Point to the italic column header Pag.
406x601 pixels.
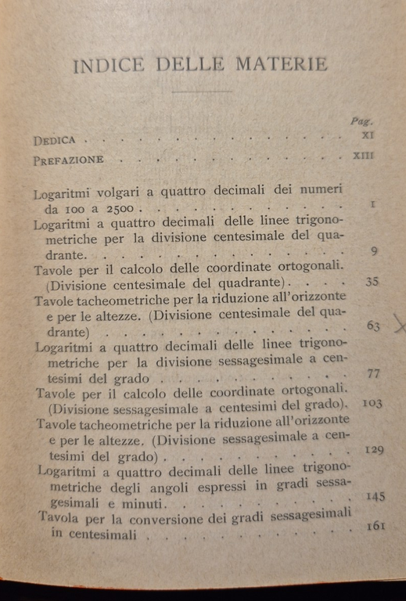pyautogui.click(x=362, y=122)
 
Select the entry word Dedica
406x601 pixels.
pyautogui.click(x=56, y=141)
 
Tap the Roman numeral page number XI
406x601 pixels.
pyautogui.click(x=368, y=136)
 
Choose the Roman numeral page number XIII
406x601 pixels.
pyautogui.click(x=364, y=157)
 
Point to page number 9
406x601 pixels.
pyautogui.click(x=373, y=250)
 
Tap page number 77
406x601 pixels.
pyautogui.click(x=373, y=373)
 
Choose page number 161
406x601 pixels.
pyautogui.click(x=374, y=526)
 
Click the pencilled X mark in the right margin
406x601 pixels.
pyautogui.click(x=399, y=323)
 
